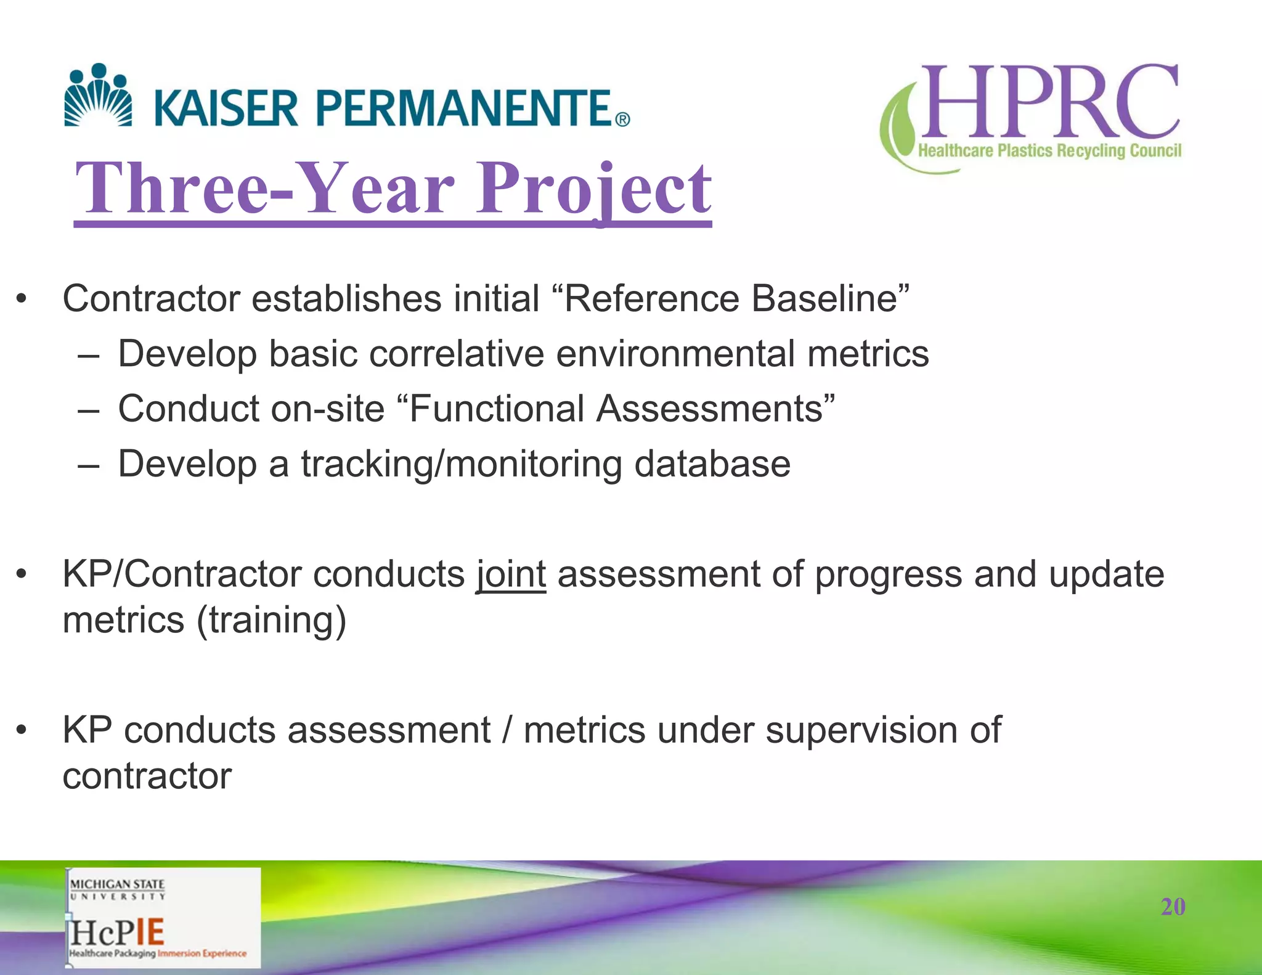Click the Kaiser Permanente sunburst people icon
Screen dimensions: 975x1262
tap(98, 96)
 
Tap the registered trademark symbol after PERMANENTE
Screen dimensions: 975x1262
tap(622, 120)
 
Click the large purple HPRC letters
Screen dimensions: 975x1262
tap(1048, 102)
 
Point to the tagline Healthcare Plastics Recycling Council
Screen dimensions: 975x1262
tap(1049, 151)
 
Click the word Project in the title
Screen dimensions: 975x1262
tap(594, 188)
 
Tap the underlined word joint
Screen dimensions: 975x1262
tap(511, 574)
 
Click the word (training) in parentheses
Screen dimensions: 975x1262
tap(271, 620)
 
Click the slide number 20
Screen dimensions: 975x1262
tap(1173, 907)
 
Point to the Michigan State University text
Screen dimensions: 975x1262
tap(117, 889)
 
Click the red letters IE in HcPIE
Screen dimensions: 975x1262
tap(150, 932)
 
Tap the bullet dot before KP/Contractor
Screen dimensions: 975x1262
tap(22, 574)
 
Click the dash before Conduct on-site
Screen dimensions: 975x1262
tap(89, 409)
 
